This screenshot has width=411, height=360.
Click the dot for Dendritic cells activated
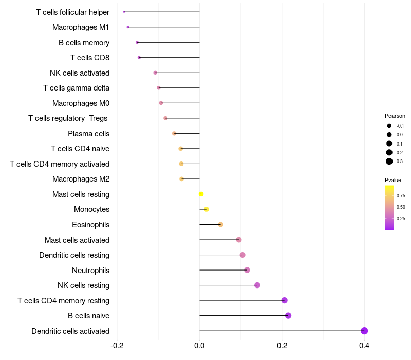tap(364, 331)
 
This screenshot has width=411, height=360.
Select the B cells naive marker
tap(288, 315)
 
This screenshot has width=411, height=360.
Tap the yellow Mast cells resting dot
tap(201, 194)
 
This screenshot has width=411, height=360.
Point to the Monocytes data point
tap(207, 209)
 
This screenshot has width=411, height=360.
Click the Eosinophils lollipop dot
tap(221, 224)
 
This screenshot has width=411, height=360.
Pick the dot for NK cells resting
tap(257, 285)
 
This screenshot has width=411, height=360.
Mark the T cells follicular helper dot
tap(124, 12)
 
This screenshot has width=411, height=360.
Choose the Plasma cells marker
tap(174, 133)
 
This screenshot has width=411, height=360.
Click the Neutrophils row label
tap(90, 270)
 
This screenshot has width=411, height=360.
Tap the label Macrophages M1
tap(81, 27)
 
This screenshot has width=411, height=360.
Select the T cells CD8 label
tap(90, 58)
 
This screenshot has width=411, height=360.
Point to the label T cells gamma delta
tap(76, 88)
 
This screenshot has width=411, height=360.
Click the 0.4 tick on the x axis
tap(364, 345)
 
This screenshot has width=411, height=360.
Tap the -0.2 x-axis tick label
tap(117, 345)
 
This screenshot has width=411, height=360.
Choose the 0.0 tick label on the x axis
tap(199, 345)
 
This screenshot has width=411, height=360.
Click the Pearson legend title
tap(395, 116)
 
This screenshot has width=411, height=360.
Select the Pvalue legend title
tap(393, 180)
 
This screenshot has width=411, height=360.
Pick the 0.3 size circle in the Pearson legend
tap(389, 161)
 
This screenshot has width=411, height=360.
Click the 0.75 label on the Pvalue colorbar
tap(401, 196)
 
